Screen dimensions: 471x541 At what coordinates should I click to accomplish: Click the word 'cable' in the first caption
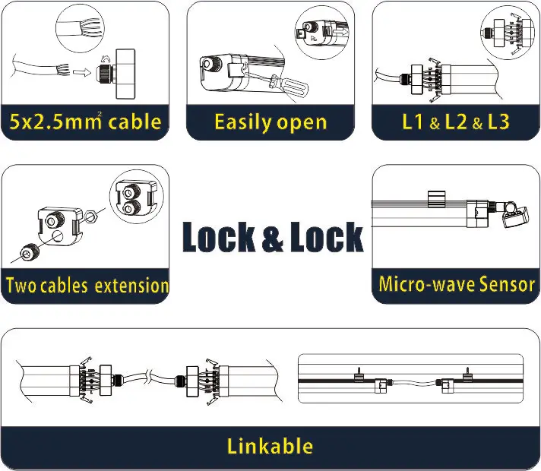point(135,122)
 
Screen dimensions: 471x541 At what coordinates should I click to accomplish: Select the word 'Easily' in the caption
point(243,122)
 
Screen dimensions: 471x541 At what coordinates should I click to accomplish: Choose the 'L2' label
point(456,122)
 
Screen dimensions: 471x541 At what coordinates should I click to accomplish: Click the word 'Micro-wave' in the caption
point(427,285)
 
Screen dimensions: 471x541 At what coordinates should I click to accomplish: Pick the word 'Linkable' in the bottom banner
point(270,445)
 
